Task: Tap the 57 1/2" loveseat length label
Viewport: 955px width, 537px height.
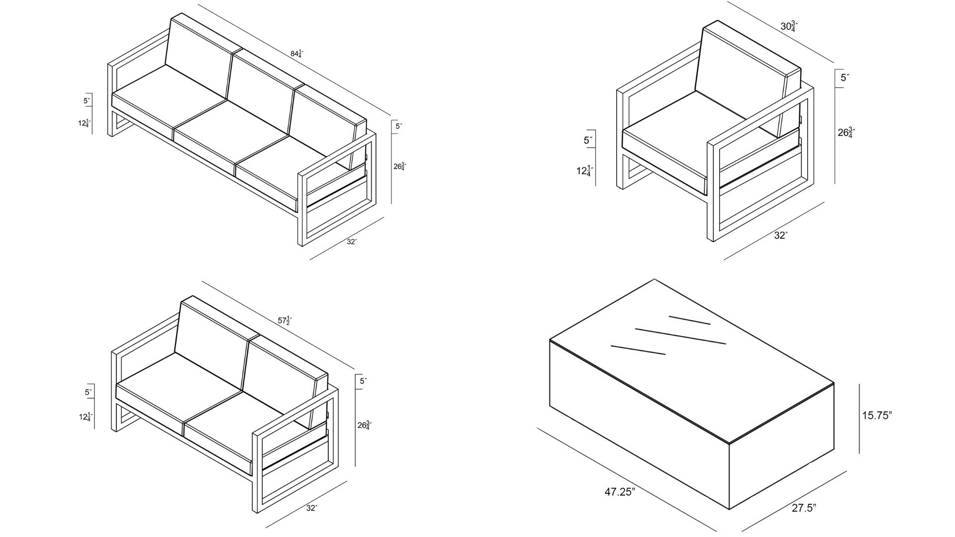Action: pyautogui.click(x=284, y=320)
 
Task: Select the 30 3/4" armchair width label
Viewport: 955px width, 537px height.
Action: pyautogui.click(x=788, y=26)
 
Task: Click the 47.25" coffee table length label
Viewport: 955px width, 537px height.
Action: pyautogui.click(x=620, y=492)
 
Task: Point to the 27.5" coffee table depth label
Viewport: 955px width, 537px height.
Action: pyautogui.click(x=804, y=508)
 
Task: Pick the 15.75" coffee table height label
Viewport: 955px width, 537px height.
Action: pyautogui.click(x=877, y=416)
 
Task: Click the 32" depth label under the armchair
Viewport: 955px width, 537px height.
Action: pyautogui.click(x=781, y=235)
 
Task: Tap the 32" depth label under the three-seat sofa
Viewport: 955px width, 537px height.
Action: pyautogui.click(x=352, y=242)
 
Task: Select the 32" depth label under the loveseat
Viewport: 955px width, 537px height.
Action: pyautogui.click(x=312, y=508)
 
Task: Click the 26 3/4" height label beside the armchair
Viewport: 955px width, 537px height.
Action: pyautogui.click(x=846, y=133)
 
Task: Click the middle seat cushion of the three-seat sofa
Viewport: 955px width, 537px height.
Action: pyautogui.click(x=231, y=134)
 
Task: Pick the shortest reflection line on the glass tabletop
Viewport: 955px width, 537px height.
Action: pyautogui.click(x=689, y=320)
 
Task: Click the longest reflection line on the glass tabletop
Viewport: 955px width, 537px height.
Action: pyautogui.click(x=680, y=336)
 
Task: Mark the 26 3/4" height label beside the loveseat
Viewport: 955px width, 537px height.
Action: pyautogui.click(x=364, y=425)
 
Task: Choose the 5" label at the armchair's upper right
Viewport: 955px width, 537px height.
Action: pyautogui.click(x=845, y=78)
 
